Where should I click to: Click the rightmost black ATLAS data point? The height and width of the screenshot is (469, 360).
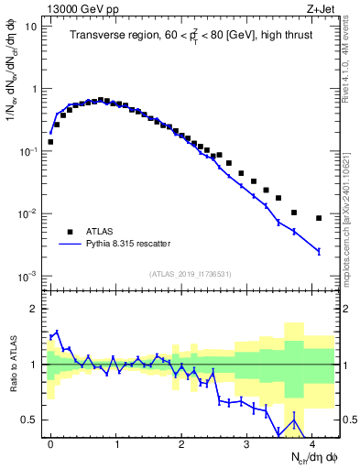pos(319,218)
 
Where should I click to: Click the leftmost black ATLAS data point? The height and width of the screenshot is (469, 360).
pos(50,142)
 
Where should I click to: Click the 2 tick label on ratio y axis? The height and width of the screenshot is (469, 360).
pos(33,309)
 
